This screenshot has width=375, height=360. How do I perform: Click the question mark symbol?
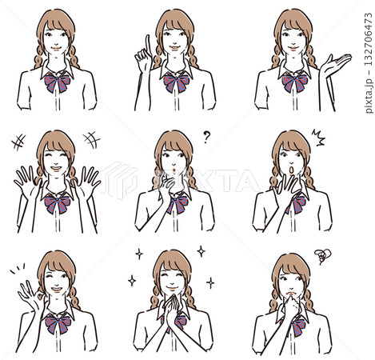click(206, 137)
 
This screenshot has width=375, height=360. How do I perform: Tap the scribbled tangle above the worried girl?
click(323, 256)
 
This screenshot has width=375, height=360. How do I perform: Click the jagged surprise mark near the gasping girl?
click(318, 137)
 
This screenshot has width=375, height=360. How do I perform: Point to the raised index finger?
click(147, 46)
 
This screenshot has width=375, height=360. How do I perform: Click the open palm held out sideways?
click(335, 65)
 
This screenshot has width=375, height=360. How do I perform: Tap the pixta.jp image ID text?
click(369, 63)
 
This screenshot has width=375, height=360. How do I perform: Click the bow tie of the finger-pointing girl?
click(176, 82)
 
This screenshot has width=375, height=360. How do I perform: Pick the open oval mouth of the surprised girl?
click(292, 170)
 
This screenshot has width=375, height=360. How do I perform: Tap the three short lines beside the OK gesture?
click(18, 269)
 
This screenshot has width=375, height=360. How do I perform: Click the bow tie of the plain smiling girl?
click(58, 82)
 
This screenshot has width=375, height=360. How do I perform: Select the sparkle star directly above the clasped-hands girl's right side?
click(201, 251)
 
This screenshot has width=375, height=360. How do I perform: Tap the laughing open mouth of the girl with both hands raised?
click(56, 169)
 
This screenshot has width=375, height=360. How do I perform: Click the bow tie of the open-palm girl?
click(295, 82)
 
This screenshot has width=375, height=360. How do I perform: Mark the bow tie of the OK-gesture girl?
click(58, 323)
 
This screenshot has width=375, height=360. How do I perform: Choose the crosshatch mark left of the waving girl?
click(18, 142)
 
